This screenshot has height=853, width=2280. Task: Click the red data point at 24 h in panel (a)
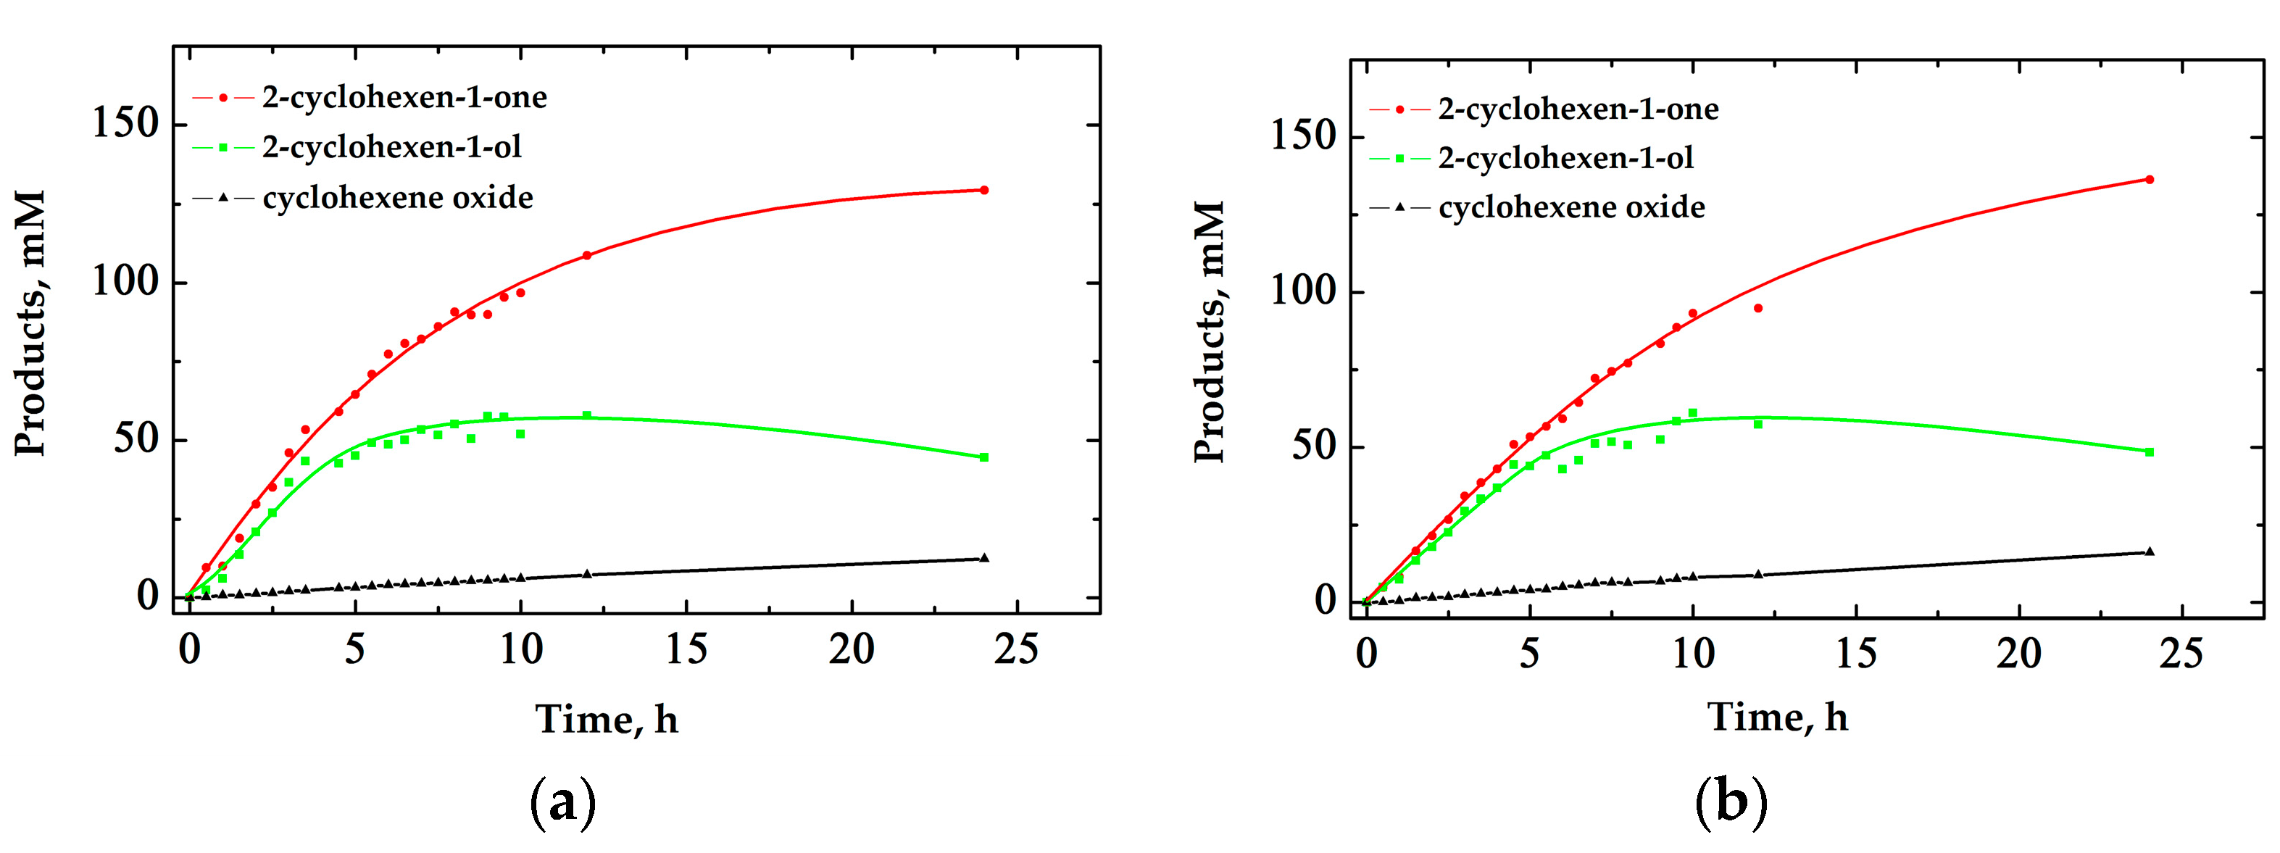pos(983,191)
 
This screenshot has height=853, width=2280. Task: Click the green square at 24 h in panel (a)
pos(983,457)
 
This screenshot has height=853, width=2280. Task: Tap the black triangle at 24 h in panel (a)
pos(983,557)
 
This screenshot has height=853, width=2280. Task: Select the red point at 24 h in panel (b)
pos(2149,180)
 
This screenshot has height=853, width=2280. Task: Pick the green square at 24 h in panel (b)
pos(2149,452)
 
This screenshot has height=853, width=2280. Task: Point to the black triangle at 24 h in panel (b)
pos(2149,552)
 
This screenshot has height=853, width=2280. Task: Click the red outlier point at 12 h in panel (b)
pos(1757,308)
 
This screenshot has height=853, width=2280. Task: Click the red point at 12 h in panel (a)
pos(586,256)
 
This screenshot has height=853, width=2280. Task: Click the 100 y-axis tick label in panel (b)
pos(1302,291)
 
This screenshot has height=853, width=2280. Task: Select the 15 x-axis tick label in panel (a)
pos(686,650)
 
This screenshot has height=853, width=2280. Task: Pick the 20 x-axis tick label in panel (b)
pos(2019,654)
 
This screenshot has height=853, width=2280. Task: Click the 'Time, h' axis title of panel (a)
pos(607,720)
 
